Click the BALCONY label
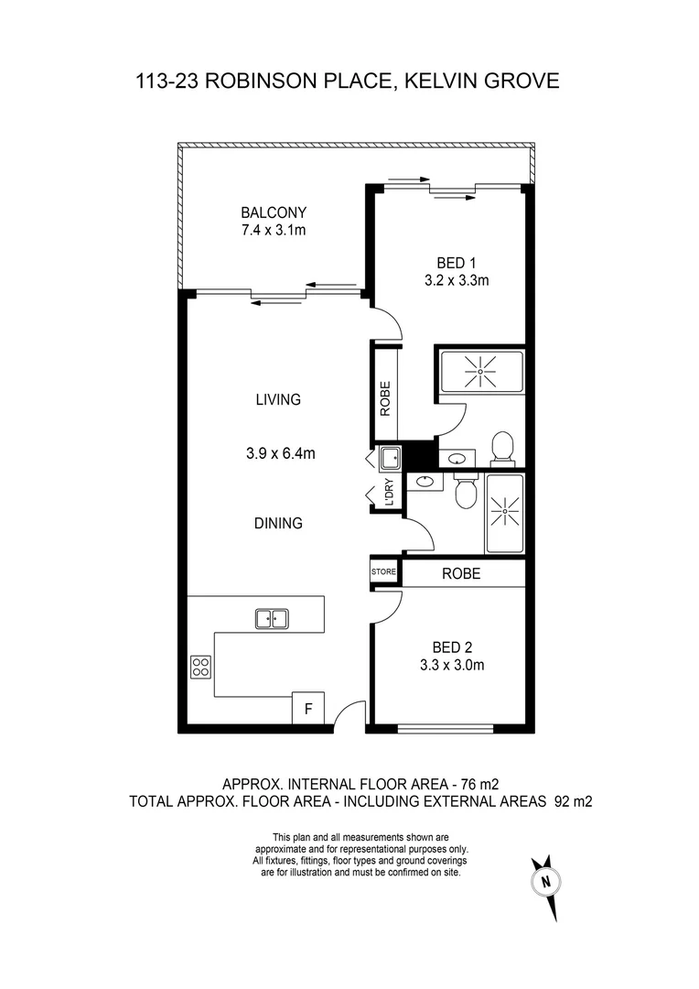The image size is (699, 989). (x=268, y=212)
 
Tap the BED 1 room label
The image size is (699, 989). (x=457, y=263)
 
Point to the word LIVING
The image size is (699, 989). (x=279, y=399)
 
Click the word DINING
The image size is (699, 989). (x=279, y=524)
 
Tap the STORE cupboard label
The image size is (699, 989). (x=384, y=572)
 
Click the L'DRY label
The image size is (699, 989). (x=389, y=494)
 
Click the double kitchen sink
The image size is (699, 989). (x=272, y=619)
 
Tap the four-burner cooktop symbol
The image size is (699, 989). (x=200, y=668)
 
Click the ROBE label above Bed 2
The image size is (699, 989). (x=461, y=574)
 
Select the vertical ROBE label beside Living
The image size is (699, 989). (x=385, y=398)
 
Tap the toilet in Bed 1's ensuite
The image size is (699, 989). (x=501, y=447)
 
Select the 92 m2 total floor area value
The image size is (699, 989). (x=574, y=801)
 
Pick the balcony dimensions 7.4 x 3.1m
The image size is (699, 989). (x=268, y=230)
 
